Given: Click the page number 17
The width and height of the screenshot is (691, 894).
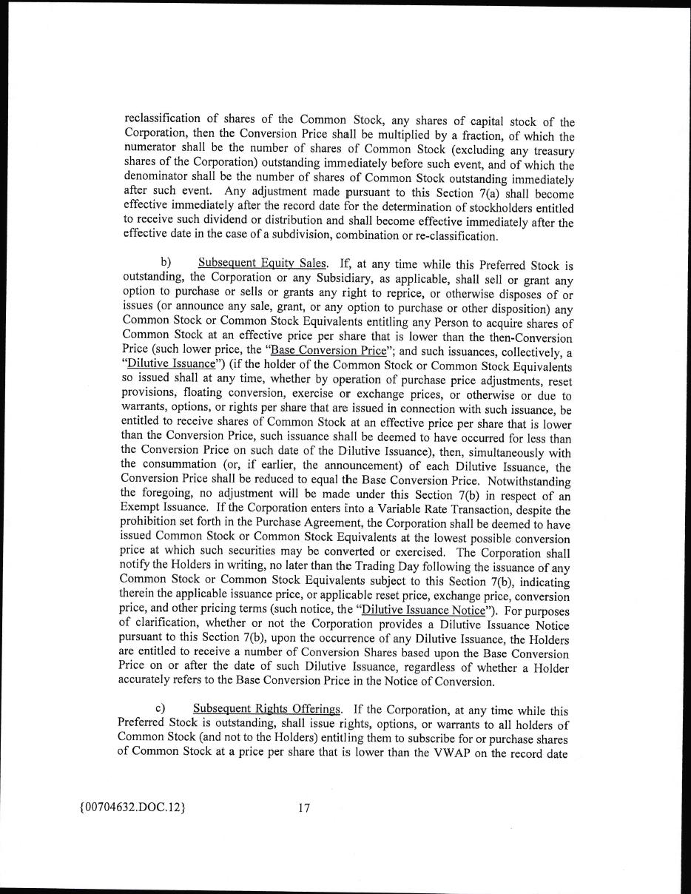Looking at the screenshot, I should point(303,808).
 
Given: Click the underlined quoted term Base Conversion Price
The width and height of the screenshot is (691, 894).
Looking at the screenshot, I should point(339,351).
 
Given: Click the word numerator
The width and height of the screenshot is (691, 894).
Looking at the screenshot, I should point(150,149).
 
